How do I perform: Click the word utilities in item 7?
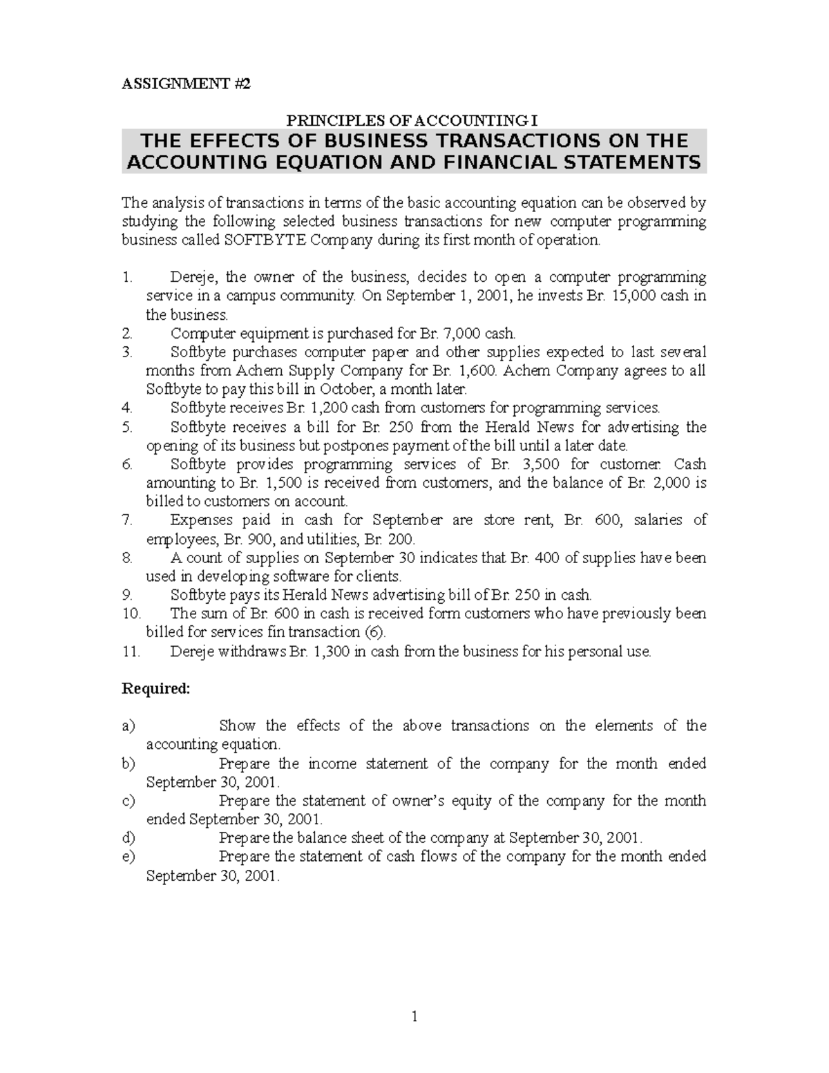[334, 539]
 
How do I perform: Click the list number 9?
[126, 595]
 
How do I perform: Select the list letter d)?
[128, 838]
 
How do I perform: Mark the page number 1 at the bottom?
[414, 1017]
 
